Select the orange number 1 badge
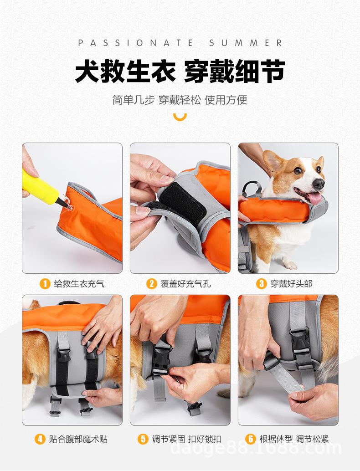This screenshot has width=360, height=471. click(45, 283)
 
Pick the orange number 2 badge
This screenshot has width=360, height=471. click(151, 283)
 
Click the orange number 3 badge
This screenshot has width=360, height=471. click(261, 283)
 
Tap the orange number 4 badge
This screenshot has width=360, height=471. click(40, 439)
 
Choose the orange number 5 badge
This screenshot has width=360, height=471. click(143, 439)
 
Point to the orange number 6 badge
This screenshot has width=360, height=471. click(250, 439)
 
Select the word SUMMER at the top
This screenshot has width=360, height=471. click(246, 43)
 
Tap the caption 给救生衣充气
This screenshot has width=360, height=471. click(79, 284)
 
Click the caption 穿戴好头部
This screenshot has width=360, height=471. click(291, 284)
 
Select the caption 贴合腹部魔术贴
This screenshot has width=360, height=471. click(78, 439)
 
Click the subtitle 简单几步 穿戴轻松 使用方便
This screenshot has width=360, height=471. click(180, 100)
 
